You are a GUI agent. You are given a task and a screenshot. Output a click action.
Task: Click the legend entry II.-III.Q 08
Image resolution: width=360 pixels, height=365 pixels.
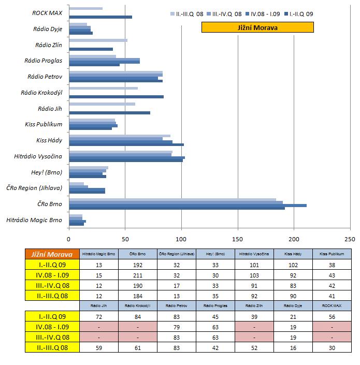point(188,13)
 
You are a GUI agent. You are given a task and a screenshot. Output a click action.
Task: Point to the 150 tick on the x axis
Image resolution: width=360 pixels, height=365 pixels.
point(238,239)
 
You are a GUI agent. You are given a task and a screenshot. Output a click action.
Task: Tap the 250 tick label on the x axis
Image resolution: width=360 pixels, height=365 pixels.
point(350,239)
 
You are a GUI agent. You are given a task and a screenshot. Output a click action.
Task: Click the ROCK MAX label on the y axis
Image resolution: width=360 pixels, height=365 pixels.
point(47,13)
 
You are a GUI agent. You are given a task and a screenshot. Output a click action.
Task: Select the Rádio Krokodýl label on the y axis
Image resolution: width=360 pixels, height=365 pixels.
point(41,93)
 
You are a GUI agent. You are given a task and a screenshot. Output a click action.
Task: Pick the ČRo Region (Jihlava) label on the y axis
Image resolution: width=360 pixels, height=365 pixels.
point(34,187)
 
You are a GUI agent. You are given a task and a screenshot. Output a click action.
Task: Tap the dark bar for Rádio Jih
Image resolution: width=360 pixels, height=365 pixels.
point(109,112)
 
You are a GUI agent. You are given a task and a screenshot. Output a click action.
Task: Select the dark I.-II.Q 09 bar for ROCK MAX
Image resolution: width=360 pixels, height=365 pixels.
point(100,17)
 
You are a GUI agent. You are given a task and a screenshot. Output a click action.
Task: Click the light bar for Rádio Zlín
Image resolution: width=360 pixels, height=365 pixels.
point(98,40)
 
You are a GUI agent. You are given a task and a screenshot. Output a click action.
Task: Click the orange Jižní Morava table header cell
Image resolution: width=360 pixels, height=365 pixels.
point(52,254)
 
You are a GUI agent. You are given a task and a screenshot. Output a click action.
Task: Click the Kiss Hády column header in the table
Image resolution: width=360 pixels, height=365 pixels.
point(293,254)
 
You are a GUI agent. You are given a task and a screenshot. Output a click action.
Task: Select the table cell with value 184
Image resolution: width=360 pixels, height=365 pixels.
point(137,296)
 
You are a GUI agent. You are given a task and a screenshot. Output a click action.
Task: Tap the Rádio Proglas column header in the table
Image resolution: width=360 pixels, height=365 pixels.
point(215,305)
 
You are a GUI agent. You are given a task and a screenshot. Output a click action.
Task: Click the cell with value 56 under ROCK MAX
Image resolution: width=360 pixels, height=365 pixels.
point(332,316)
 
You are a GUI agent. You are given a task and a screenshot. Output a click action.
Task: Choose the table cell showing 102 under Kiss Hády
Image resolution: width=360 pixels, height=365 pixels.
point(293,264)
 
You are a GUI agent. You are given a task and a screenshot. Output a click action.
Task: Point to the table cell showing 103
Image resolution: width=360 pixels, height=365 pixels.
point(254,274)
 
